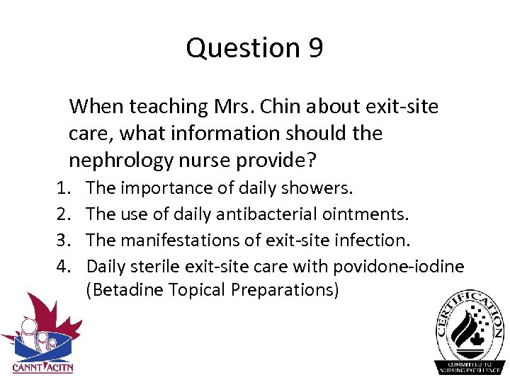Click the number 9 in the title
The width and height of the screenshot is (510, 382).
click(x=314, y=48)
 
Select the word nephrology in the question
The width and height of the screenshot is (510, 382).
click(x=125, y=161)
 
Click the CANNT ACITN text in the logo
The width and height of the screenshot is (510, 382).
click(x=42, y=367)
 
